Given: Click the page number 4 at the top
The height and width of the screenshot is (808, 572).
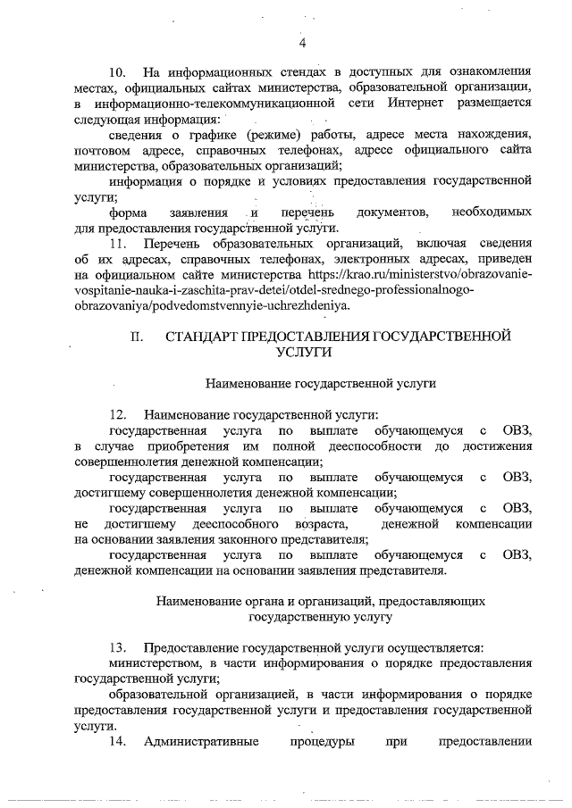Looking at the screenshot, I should [303, 44].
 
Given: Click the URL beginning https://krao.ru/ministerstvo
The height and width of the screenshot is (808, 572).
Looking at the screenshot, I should [420, 273].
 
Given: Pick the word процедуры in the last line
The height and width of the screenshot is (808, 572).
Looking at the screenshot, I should [322, 742].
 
